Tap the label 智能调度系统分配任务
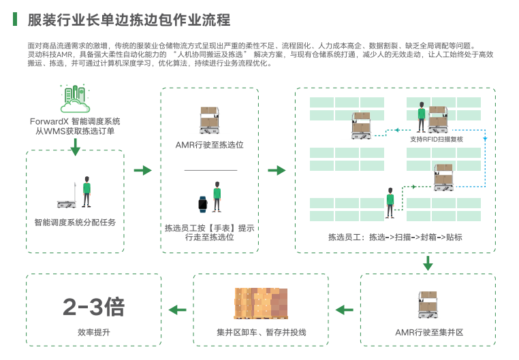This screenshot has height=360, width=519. pos(75,222)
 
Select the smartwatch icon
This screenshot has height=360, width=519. pos(202,203)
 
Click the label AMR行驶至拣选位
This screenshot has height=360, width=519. pos(209,144)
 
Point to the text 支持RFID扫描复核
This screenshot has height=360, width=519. pos(436,139)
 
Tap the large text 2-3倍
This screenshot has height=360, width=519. pos(93,308)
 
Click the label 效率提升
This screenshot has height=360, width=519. pos(93,333)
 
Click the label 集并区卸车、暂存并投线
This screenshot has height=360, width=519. pos(262,333)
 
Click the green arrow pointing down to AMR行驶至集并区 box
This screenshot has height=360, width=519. pos(428,263)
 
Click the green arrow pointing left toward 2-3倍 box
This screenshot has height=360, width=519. pos(177,310)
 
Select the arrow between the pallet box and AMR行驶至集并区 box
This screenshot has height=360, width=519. pos(345,310)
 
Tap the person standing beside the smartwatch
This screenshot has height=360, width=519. pos(217,197)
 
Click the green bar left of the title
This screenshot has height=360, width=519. pos(15,19)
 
